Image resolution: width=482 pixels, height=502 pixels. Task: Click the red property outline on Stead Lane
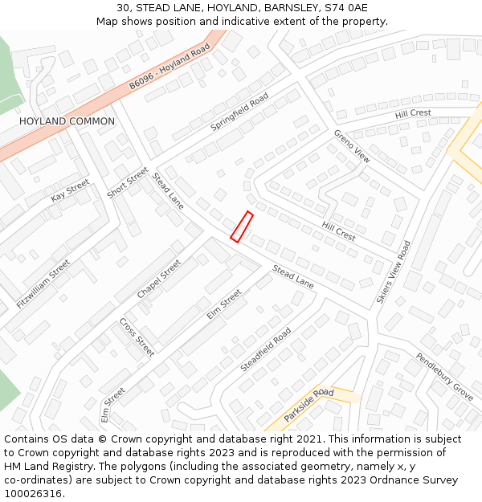point(242,227)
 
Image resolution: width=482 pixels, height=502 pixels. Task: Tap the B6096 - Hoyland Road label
point(170,67)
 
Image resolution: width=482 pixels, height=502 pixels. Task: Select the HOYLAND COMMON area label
point(67,121)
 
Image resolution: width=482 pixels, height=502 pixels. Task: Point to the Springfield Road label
point(239,112)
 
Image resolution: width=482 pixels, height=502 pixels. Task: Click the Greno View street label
point(352,145)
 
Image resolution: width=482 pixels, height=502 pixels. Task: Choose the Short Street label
point(128,183)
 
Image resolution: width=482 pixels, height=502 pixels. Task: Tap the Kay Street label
point(70,191)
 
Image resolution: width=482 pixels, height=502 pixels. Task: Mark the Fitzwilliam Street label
point(43,284)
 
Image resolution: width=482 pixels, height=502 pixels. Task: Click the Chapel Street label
point(159,280)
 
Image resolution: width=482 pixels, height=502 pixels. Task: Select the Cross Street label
point(137,337)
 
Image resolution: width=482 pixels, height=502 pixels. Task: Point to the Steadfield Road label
point(266,349)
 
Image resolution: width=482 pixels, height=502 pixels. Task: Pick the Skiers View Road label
point(394,271)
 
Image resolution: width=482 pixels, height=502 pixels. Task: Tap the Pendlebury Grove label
point(444,376)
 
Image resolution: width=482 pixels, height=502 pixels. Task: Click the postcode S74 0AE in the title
point(346,8)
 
